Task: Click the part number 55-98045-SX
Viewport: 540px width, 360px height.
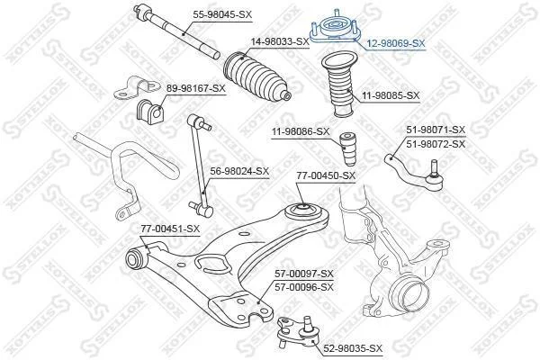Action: tap(222, 14)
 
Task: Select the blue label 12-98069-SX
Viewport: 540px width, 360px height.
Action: tap(396, 43)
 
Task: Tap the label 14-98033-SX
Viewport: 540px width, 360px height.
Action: tap(280, 41)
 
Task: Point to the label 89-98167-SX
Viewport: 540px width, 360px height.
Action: tap(195, 88)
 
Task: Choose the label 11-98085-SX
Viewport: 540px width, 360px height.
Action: tap(391, 95)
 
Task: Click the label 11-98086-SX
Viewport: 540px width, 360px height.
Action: tap(301, 131)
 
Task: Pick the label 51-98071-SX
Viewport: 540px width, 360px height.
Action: tap(436, 130)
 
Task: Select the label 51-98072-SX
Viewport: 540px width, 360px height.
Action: tap(436, 144)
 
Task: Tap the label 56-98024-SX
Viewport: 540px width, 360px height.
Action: tap(239, 171)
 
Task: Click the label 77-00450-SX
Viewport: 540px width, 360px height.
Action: tap(326, 175)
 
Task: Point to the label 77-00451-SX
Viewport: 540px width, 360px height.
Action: tap(170, 229)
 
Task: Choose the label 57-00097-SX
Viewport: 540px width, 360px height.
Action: tap(304, 274)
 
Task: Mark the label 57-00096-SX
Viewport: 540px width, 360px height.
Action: tap(304, 287)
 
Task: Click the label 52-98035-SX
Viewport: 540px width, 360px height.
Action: tap(353, 348)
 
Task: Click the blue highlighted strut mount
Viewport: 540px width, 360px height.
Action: tap(335, 30)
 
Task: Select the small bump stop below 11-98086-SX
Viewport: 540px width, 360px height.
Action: tap(347, 148)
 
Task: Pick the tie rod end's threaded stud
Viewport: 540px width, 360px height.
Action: tap(434, 167)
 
